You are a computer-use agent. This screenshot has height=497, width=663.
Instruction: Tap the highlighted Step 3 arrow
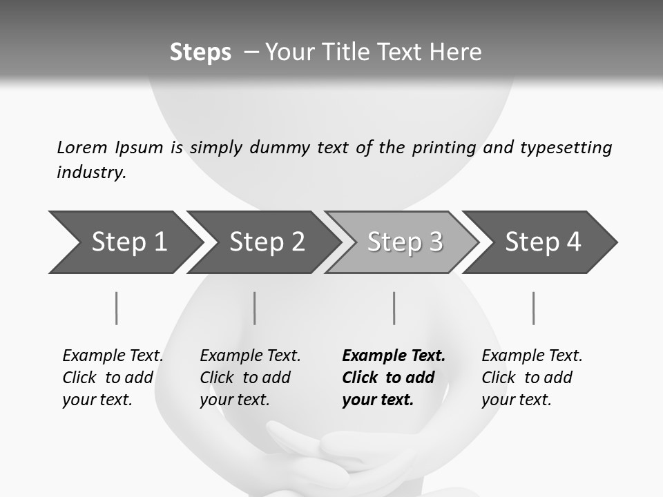click(x=405, y=242)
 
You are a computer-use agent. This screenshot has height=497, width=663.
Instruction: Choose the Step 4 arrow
click(x=543, y=242)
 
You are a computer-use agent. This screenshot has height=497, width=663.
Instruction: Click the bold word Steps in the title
click(x=200, y=52)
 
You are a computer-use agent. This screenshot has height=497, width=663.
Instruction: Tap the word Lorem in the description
click(x=82, y=147)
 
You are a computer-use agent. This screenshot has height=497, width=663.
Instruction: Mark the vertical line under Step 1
click(x=116, y=308)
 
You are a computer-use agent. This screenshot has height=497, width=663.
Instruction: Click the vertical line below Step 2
click(x=255, y=308)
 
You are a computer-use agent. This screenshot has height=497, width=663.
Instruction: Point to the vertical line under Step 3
click(x=394, y=308)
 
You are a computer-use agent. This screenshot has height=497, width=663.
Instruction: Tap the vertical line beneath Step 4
click(x=533, y=308)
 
